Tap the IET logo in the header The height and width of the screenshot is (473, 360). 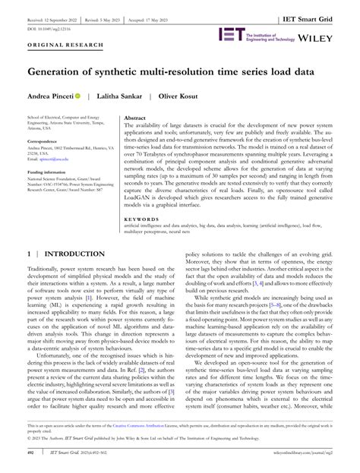coord(231,35)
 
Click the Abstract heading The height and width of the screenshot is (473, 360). coord(134,119)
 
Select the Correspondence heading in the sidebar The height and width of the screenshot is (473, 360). coord(48,142)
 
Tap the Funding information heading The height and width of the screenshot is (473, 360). coord(52,173)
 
